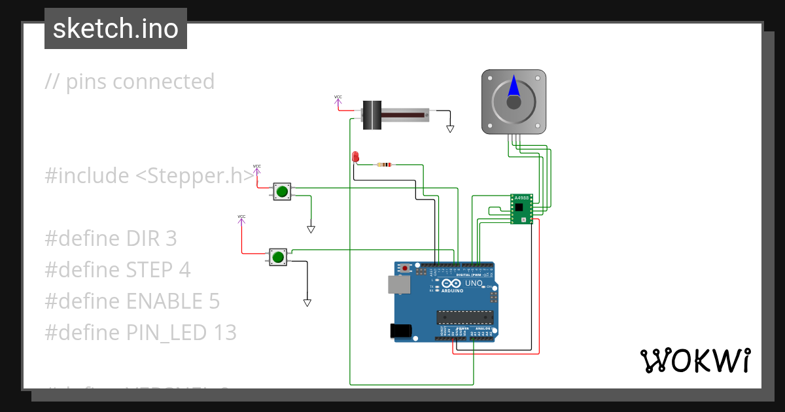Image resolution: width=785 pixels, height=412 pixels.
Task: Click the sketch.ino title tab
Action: pyautogui.click(x=115, y=29)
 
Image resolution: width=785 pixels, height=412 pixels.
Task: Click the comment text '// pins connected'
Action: pyautogui.click(x=130, y=82)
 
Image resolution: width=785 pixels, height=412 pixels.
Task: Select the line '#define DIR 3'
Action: pyautogui.click(x=111, y=239)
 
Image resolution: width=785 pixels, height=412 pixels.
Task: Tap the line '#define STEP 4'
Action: pyautogui.click(x=118, y=270)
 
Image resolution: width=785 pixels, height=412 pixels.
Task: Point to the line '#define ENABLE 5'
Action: pyautogui.click(x=132, y=301)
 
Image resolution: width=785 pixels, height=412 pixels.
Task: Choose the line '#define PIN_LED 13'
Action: pyautogui.click(x=140, y=333)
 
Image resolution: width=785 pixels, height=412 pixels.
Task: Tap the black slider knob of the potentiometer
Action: pyautogui.click(x=372, y=115)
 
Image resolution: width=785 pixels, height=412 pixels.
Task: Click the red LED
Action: pyautogui.click(x=355, y=156)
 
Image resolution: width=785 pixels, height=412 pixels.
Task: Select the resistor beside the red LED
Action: pyautogui.click(x=385, y=165)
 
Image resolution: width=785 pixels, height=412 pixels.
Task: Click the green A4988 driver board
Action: pyautogui.click(x=521, y=209)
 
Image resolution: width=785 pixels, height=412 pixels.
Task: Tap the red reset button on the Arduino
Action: pyautogui.click(x=406, y=268)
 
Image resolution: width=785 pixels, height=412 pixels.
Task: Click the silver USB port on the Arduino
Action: pyautogui.click(x=399, y=284)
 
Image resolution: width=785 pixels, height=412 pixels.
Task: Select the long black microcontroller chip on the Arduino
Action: pyautogui.click(x=464, y=317)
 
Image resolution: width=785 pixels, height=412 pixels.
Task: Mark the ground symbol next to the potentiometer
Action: pyautogui.click(x=450, y=129)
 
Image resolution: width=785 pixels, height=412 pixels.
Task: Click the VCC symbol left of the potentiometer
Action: pyautogui.click(x=338, y=100)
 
